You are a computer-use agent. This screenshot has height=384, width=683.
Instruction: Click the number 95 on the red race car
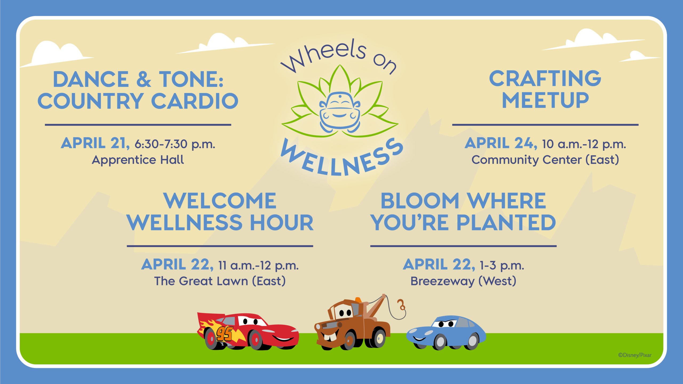coord(224,334)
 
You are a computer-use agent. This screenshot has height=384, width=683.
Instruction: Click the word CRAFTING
coord(545,78)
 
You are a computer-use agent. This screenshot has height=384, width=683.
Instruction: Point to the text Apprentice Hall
coord(138,160)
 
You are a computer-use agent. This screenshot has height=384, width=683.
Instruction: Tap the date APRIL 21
coord(95,143)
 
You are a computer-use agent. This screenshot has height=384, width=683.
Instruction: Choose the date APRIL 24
coord(501,143)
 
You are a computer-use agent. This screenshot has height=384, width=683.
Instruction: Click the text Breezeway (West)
coord(463,281)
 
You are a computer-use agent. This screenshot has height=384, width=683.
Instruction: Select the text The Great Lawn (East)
coord(220,281)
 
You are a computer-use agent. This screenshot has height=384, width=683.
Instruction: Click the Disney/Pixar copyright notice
coord(635,355)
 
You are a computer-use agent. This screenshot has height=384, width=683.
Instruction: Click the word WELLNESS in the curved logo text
coord(342,157)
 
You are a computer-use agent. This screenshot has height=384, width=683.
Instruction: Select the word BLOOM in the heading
coord(420,201)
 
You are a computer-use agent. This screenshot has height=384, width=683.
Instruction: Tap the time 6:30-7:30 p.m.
coord(175,144)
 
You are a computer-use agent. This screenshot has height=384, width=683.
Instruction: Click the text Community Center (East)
coord(545,160)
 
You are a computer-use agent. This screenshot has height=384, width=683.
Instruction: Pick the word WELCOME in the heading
coord(220,201)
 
